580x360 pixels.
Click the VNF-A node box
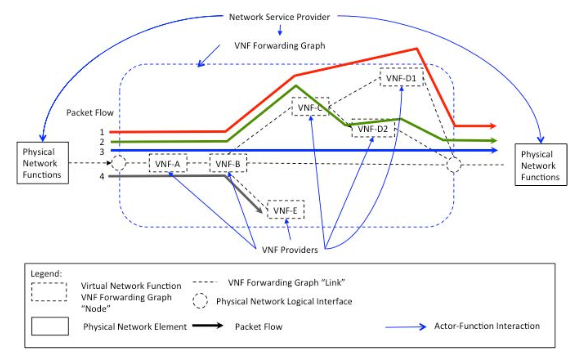coord(167,163)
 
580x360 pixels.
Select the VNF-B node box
coord(227,163)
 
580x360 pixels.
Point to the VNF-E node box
coord(286,209)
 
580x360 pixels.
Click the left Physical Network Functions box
coord(39,162)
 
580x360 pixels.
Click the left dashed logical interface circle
coord(118,163)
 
